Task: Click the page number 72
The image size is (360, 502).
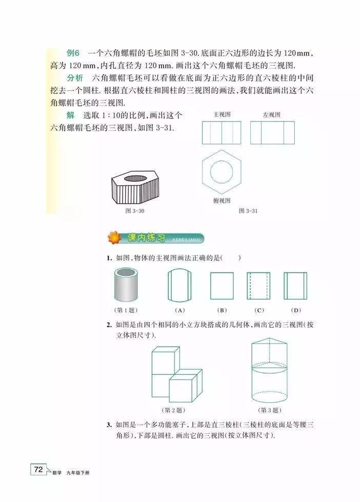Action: click(x=38, y=469)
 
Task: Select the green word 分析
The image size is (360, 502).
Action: click(x=75, y=78)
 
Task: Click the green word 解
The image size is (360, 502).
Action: click(x=70, y=115)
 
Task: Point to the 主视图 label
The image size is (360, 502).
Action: click(x=222, y=115)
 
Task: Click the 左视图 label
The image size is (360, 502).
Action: click(x=272, y=115)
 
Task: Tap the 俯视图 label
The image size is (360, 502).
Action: click(x=222, y=200)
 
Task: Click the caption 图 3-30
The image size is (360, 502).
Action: click(x=134, y=211)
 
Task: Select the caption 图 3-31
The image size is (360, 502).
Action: click(x=248, y=211)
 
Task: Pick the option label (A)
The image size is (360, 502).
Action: click(x=180, y=310)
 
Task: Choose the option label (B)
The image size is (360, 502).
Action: click(x=222, y=310)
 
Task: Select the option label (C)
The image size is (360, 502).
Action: click(x=259, y=310)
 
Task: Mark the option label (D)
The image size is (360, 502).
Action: click(x=296, y=310)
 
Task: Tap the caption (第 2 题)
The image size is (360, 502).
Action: click(x=174, y=410)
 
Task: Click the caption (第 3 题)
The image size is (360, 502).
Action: click(x=269, y=410)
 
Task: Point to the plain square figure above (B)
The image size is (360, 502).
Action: click(x=222, y=286)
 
